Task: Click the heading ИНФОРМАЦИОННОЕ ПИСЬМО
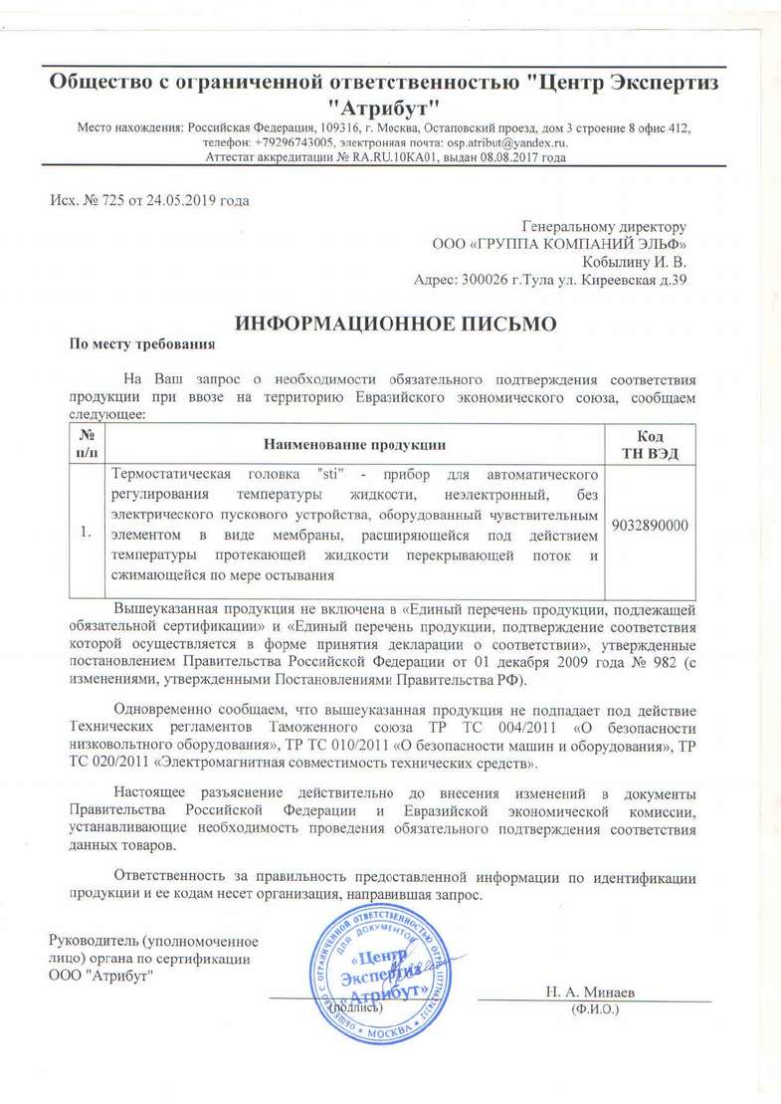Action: pyautogui.click(x=391, y=323)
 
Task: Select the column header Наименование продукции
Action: pyautogui.click(x=354, y=443)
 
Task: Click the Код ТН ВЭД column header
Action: pyautogui.click(x=649, y=443)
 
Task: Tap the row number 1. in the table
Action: pyautogui.click(x=88, y=534)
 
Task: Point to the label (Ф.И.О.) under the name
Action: pyautogui.click(x=594, y=1009)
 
